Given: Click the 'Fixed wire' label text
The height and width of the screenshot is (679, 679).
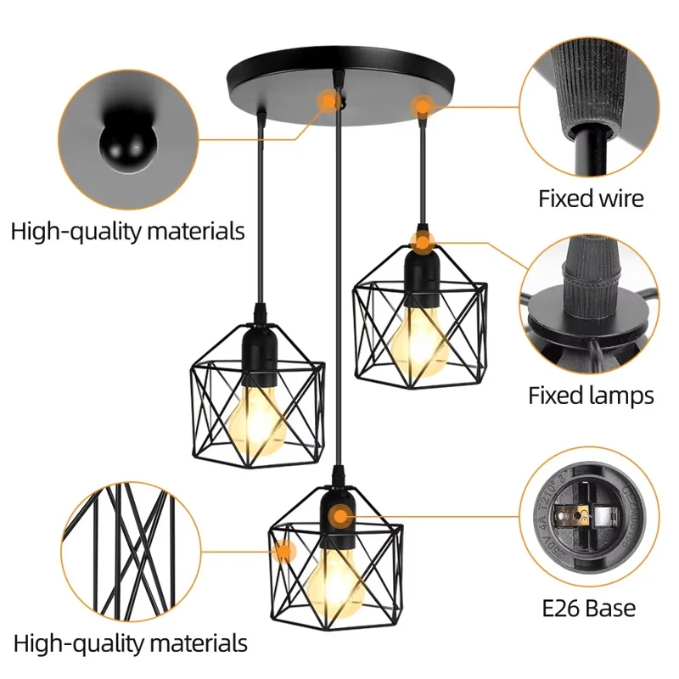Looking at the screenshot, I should point(591,199).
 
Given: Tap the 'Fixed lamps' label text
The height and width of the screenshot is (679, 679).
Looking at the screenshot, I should point(591,396).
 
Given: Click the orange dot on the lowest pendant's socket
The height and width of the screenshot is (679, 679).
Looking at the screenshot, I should point(340,515).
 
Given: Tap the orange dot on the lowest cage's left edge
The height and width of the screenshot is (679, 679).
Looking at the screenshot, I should point(284,551).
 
